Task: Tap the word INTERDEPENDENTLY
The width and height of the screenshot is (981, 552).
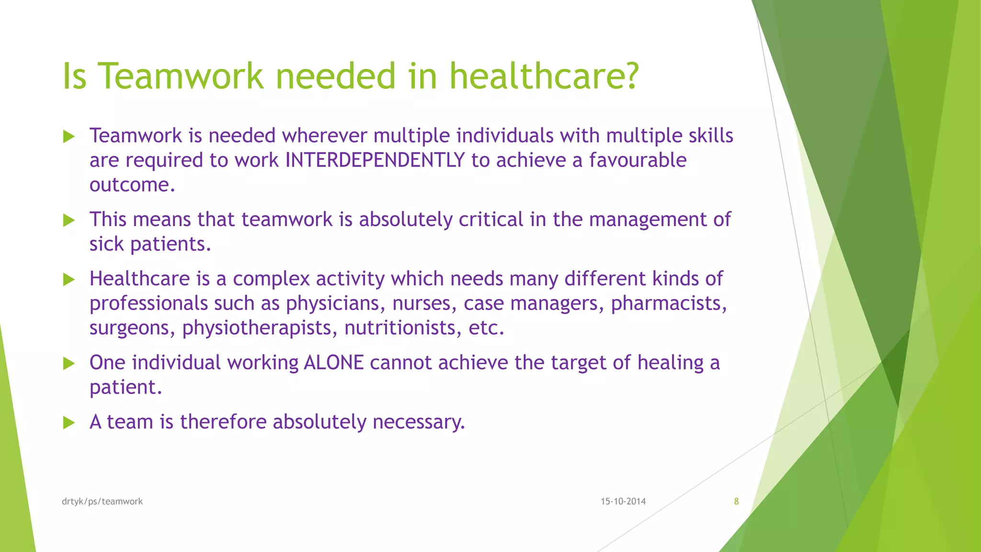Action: pyautogui.click(x=375, y=160)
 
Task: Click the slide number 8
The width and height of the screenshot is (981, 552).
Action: pyautogui.click(x=736, y=501)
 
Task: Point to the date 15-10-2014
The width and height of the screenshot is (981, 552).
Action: pyautogui.click(x=623, y=501)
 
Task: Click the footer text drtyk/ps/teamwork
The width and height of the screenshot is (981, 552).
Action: pyautogui.click(x=102, y=501)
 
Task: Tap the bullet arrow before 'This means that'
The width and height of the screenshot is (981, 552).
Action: pyautogui.click(x=69, y=220)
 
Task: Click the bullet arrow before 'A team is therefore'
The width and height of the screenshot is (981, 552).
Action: pyautogui.click(x=69, y=423)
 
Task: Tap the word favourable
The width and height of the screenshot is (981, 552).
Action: pyautogui.click(x=638, y=160)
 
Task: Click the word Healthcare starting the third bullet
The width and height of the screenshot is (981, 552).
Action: pyautogui.click(x=139, y=279)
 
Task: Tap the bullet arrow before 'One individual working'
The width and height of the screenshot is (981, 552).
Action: pyautogui.click(x=69, y=363)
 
